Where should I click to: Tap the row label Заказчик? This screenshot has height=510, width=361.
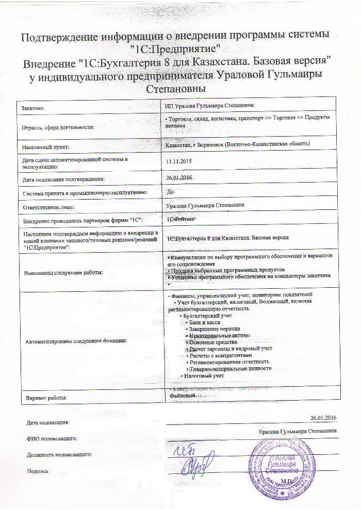(34, 108)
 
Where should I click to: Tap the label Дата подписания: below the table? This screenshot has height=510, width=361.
(47, 422)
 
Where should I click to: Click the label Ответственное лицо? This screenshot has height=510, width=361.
(48, 207)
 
